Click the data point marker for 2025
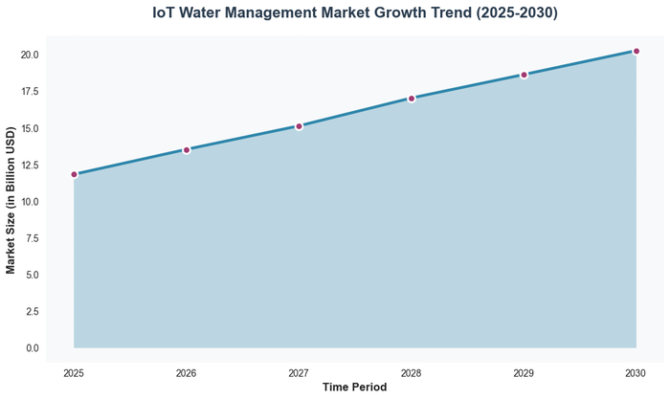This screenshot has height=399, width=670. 74,174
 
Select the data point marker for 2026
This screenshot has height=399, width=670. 187,150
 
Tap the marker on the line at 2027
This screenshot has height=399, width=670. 299,126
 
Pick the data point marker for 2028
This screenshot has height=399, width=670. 412,99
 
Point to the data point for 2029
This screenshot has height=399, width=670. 524,75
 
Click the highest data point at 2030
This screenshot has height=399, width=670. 636,52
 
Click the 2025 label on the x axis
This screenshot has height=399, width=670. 74,371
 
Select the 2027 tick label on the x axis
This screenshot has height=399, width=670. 299,371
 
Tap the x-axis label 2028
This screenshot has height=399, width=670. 412,371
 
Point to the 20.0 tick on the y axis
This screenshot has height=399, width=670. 29,55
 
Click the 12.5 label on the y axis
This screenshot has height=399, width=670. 29,165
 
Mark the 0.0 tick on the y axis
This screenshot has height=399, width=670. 32,347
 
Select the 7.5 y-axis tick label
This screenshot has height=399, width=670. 32,238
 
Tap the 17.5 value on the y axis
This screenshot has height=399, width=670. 29,92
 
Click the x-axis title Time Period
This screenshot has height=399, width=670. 355,388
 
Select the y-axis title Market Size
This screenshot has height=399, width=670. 11,201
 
